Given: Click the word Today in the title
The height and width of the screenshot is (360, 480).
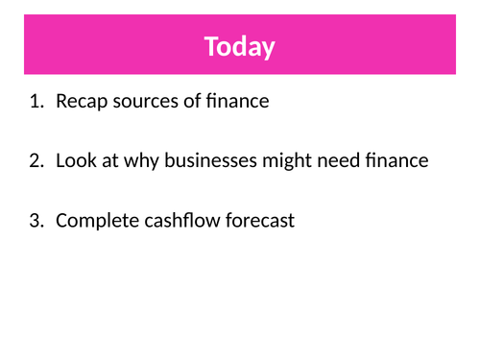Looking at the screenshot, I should tap(239, 46).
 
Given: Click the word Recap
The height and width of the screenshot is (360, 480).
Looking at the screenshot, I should tap(80, 101).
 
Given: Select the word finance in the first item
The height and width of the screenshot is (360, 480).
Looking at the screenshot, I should tap(238, 101).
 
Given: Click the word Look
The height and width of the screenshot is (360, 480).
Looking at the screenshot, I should tap(75, 160).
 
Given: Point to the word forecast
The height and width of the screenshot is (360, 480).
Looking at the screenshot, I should tap(261, 221).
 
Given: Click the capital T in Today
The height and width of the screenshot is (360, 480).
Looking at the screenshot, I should tap(210, 46).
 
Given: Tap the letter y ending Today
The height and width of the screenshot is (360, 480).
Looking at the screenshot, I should tap(269, 48).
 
